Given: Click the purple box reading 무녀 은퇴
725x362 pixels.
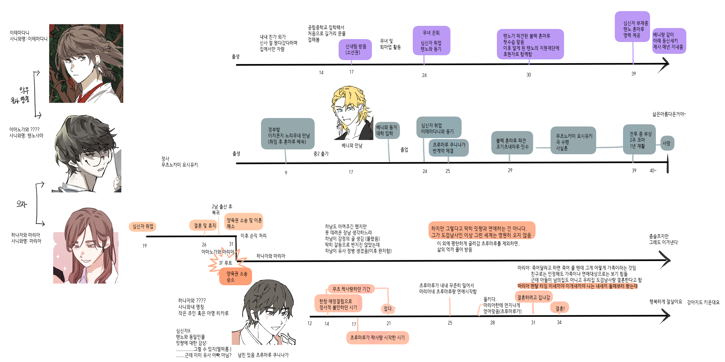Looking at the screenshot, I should (x=431, y=40).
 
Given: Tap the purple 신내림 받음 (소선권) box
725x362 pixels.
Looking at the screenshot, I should (x=355, y=49).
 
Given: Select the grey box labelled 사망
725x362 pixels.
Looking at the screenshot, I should (x=667, y=143).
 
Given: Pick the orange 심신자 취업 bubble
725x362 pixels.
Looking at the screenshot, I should (x=143, y=226).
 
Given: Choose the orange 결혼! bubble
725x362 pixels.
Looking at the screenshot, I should (x=559, y=308).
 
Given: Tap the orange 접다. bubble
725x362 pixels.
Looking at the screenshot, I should (x=388, y=308).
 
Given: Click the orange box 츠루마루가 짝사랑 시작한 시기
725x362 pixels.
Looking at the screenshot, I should (x=377, y=337).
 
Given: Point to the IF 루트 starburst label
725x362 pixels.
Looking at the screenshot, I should (x=226, y=263).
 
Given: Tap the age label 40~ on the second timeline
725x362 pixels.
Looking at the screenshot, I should (x=653, y=171).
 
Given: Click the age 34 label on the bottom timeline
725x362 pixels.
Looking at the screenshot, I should (x=559, y=322).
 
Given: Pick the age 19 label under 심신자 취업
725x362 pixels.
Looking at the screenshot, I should (x=144, y=246).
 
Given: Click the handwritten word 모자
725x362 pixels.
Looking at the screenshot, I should (x=22, y=204).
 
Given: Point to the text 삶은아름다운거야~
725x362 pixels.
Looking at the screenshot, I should (x=669, y=114).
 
